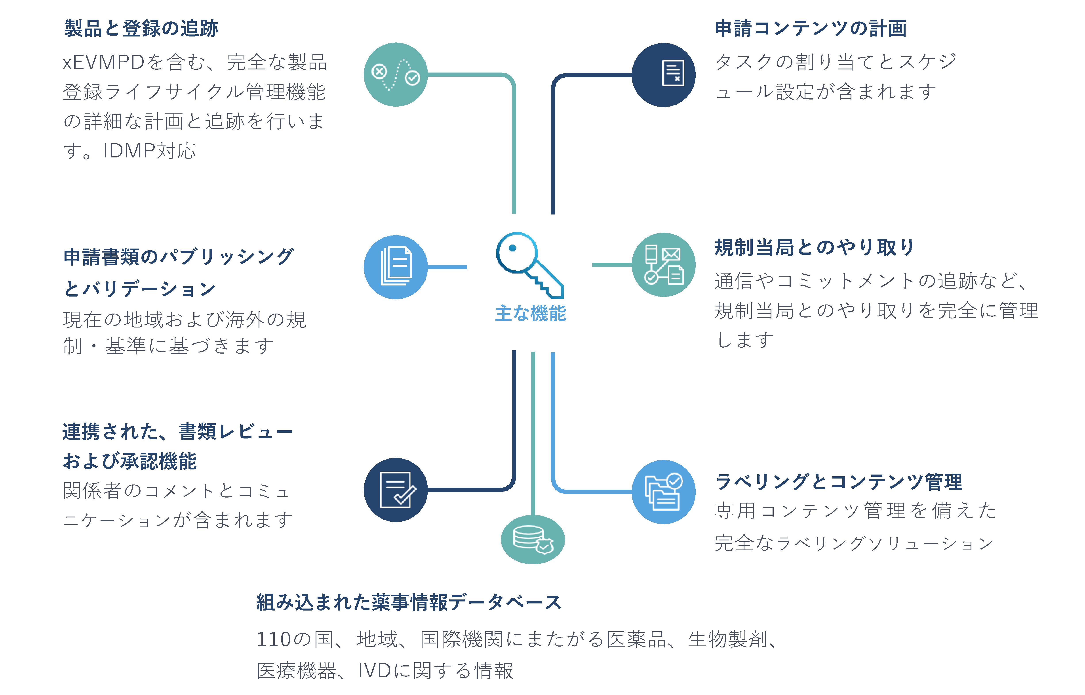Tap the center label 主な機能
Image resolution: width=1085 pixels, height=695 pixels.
(x=530, y=313)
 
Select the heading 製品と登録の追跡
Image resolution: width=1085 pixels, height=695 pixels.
(x=141, y=29)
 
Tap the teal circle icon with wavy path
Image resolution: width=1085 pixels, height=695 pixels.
(x=396, y=75)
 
